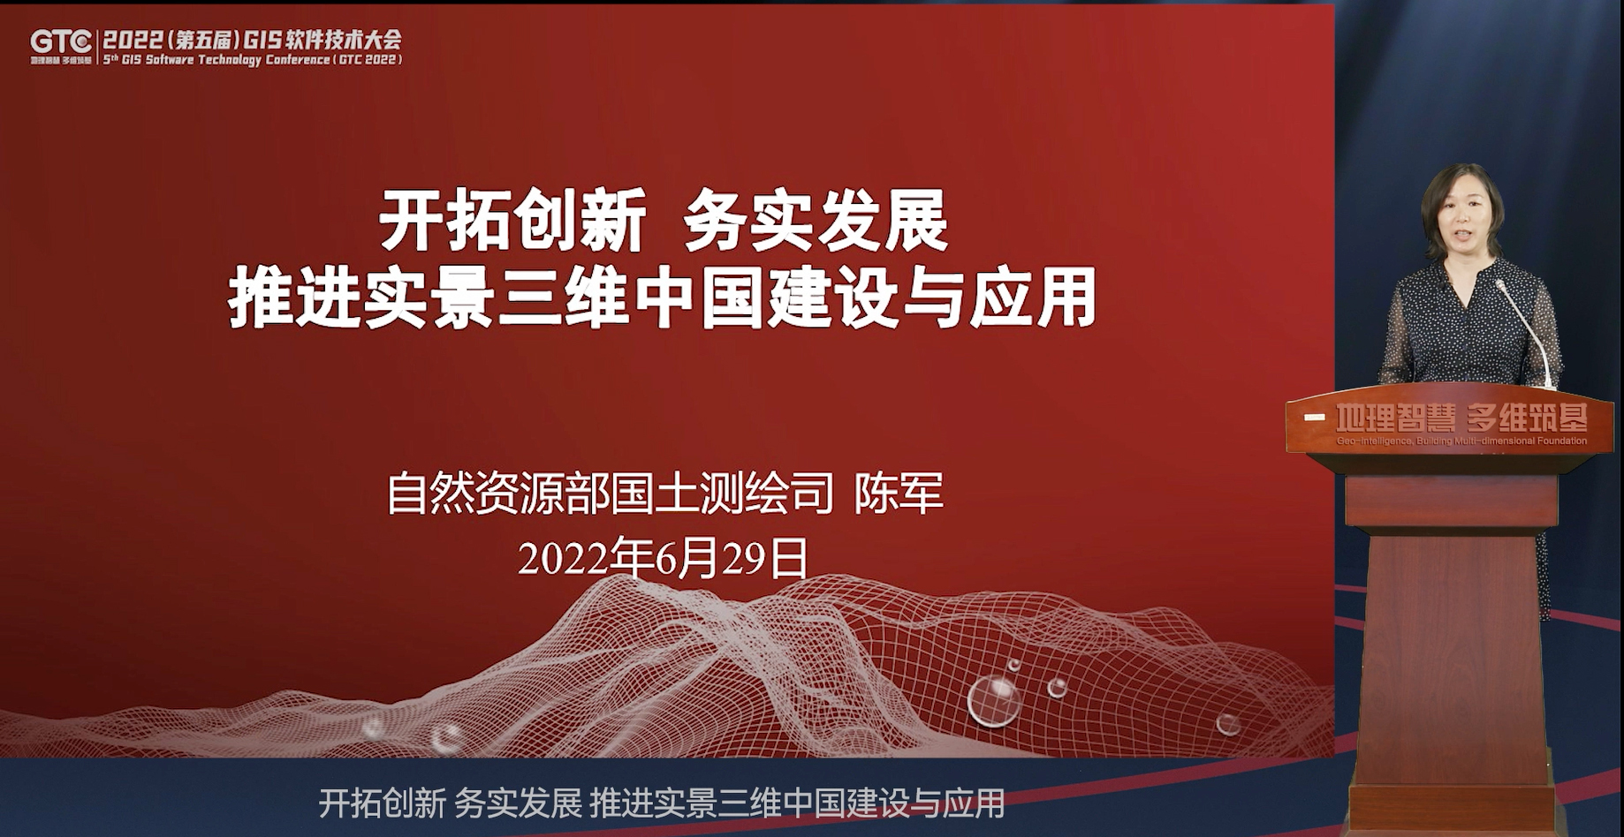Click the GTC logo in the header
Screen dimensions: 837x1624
tap(61, 41)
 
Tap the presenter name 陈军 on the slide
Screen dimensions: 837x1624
tap(899, 493)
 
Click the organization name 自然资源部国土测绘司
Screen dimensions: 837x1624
tap(610, 493)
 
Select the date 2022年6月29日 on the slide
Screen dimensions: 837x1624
tap(663, 558)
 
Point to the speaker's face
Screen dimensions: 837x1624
tap(1463, 219)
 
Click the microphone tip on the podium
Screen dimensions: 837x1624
tap(1499, 283)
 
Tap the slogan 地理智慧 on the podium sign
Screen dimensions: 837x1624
tap(1395, 418)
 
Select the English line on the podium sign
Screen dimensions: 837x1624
tap(1461, 441)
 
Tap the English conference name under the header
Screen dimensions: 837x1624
tap(252, 60)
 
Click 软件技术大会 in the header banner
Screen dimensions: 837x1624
tap(340, 40)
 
